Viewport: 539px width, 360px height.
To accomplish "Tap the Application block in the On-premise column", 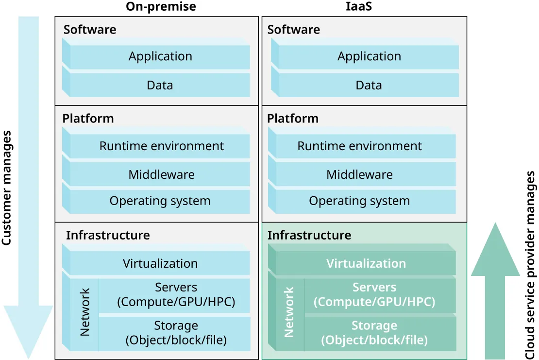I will (x=160, y=56).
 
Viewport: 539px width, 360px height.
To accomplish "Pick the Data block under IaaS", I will (x=369, y=86).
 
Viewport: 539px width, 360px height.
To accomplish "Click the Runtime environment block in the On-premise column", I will (x=161, y=146).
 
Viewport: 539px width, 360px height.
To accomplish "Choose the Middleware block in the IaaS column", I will (x=359, y=174).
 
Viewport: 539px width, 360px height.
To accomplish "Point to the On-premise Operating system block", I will (x=160, y=201).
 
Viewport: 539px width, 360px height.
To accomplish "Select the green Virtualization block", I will (x=366, y=264).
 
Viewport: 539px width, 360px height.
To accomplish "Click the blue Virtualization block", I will (x=160, y=264).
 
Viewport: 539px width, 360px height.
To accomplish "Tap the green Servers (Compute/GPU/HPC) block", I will (x=374, y=295).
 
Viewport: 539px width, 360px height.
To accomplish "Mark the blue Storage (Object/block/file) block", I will (x=176, y=333).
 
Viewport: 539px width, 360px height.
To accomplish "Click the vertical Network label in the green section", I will (x=289, y=312).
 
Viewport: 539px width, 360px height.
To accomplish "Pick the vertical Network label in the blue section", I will (x=85, y=312).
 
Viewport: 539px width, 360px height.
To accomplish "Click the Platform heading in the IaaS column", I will (x=293, y=119).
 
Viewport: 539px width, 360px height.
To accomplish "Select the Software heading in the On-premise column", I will (x=90, y=30).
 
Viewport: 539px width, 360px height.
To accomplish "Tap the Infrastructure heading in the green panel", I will (x=309, y=235).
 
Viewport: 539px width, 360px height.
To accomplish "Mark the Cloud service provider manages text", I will (x=530, y=265).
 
